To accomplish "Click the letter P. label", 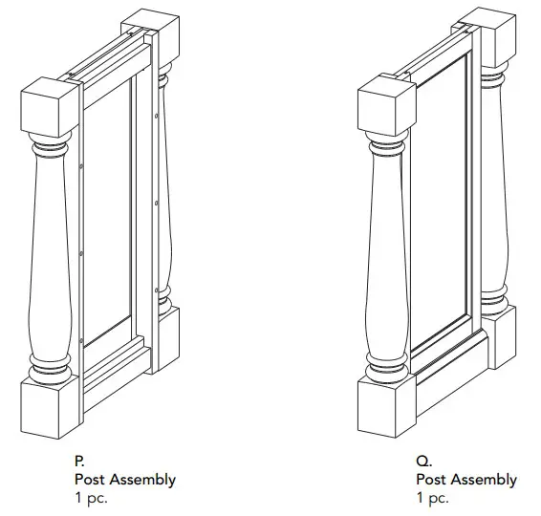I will point(79,461).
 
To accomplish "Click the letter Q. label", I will point(422,461).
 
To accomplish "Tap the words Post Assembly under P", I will point(124,479).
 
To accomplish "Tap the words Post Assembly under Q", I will point(465,479).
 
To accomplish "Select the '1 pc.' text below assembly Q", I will point(432,497).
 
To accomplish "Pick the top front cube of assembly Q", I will point(386,104).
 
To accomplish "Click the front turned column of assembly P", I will point(50,258).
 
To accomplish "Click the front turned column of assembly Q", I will point(387,258).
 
